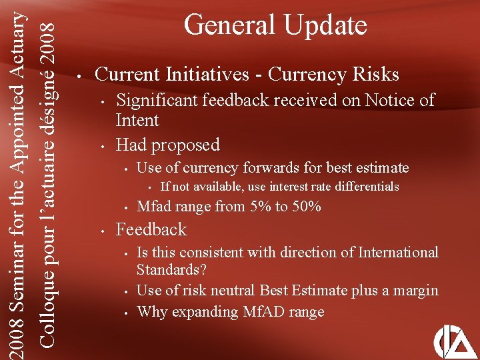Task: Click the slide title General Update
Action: tap(275, 25)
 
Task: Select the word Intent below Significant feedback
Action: tap(137, 121)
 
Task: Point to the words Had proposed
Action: tap(167, 145)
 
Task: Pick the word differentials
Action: tap(364, 187)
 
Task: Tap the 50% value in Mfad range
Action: tap(307, 207)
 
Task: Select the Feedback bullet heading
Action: tap(151, 230)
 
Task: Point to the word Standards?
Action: tap(171, 271)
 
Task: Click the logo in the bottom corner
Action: tap(455, 341)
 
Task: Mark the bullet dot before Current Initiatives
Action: tap(79, 75)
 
